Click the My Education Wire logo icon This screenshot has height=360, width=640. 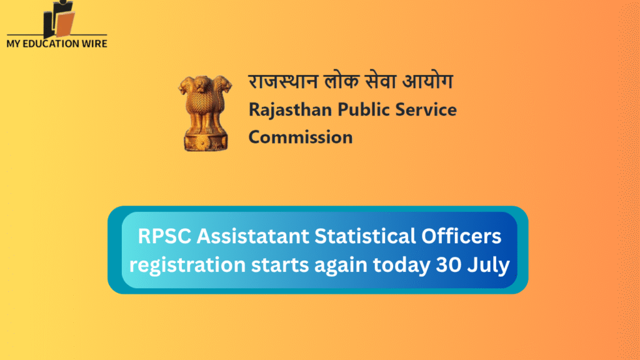(x=59, y=19)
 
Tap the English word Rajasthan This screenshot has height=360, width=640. (x=290, y=110)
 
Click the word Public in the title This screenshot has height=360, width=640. (x=366, y=110)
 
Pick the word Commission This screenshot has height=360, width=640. (x=301, y=137)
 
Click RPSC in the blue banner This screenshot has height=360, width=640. (x=161, y=238)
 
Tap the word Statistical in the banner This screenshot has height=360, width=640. (x=367, y=238)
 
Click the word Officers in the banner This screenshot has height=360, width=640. (x=462, y=238)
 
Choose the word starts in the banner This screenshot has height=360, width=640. (x=287, y=265)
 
